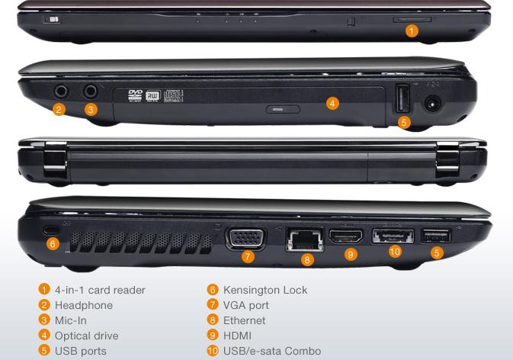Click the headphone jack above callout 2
tap(60, 92)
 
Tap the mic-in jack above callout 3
tap(90, 92)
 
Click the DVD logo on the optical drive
tap(135, 95)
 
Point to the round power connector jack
tap(433, 104)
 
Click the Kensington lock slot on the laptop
tap(51, 230)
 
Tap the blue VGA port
tap(246, 238)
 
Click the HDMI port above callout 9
tap(346, 236)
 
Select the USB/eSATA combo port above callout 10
tap(393, 236)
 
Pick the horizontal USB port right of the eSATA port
tap(436, 236)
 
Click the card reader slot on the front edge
tap(412, 20)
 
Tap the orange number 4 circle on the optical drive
tap(332, 104)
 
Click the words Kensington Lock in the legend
tap(265, 290)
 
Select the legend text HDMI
tap(237, 336)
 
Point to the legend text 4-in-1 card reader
tap(100, 290)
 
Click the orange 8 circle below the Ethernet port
tap(307, 260)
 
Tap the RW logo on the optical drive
tap(152, 95)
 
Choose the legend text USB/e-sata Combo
tap(272, 351)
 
